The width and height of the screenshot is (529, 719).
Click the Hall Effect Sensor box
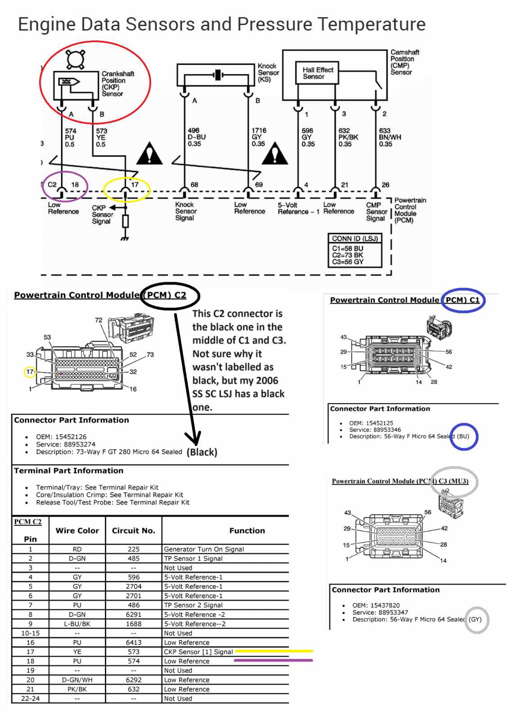(x=317, y=73)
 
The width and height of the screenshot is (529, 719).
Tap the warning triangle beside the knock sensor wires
(x=275, y=154)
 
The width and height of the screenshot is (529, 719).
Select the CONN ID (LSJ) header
(x=354, y=239)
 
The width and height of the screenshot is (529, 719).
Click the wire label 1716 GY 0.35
(x=259, y=137)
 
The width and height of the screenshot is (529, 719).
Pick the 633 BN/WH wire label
(x=390, y=138)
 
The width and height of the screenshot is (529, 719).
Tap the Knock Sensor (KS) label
(x=269, y=72)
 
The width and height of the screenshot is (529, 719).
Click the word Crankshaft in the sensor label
(x=118, y=74)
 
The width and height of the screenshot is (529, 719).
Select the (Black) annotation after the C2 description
(x=202, y=452)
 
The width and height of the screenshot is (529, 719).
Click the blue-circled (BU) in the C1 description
(x=463, y=436)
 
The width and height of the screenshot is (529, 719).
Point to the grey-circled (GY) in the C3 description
(x=475, y=619)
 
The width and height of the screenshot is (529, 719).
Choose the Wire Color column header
(x=77, y=531)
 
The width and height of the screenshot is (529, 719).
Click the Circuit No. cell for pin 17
(x=134, y=652)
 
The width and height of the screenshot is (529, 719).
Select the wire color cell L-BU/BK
(x=77, y=624)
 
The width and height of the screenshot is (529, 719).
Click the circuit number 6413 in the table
(x=134, y=642)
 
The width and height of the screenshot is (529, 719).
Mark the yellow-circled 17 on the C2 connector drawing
(x=30, y=372)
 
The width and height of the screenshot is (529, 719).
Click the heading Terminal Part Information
(x=68, y=470)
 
